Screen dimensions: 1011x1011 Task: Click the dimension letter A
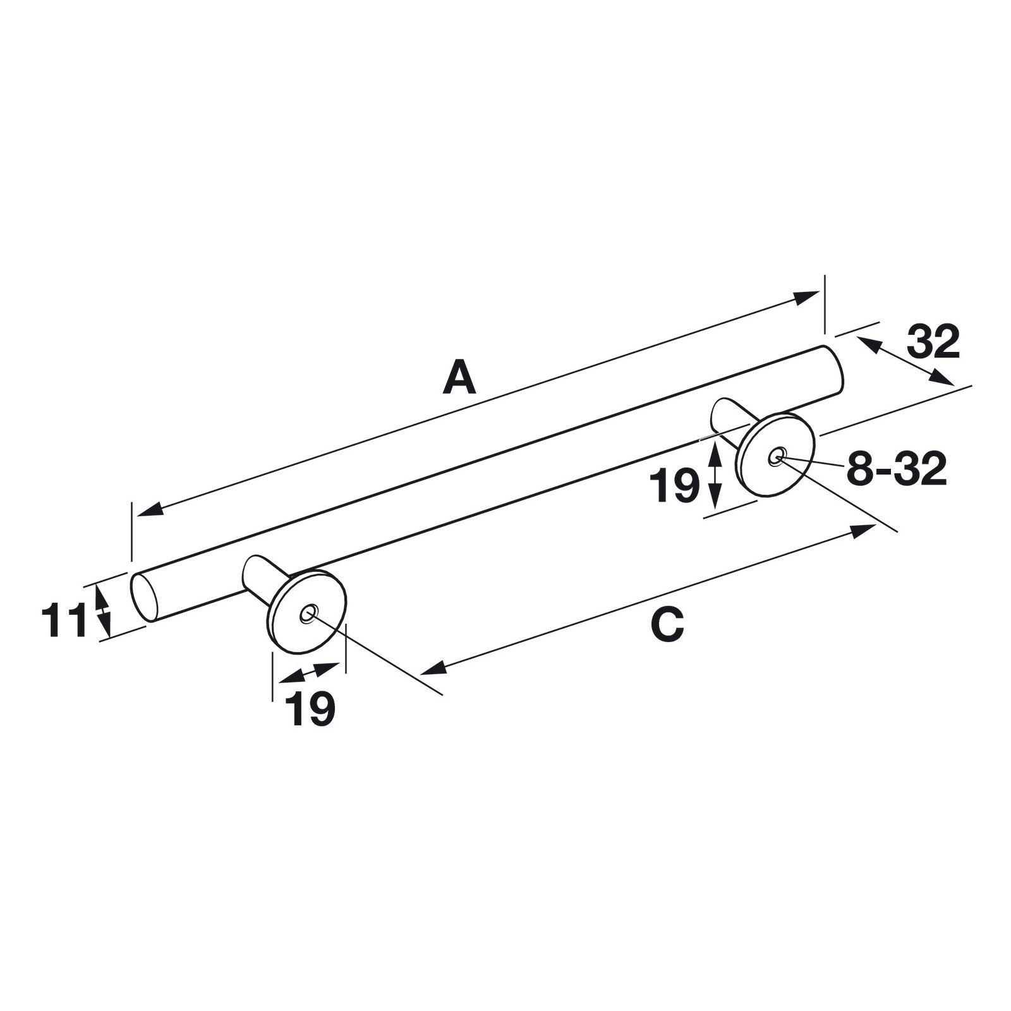459,377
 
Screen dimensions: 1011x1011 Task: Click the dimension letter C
667,625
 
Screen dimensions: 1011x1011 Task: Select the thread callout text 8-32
897,469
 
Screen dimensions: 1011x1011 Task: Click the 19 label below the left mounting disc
310,709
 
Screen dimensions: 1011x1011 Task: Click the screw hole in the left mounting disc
308,613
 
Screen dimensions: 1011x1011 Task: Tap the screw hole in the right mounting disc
777,455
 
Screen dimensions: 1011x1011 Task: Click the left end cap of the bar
143,597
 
